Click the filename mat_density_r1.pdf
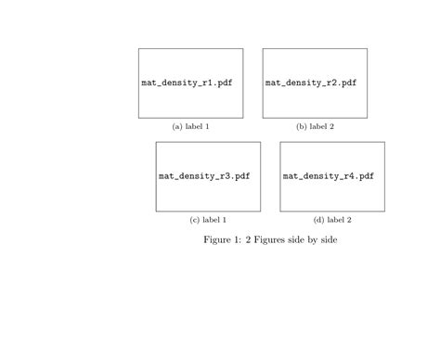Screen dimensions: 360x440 coord(187,84)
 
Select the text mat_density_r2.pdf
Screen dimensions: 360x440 coord(311,84)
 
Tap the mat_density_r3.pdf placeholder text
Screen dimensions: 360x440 coord(204,175)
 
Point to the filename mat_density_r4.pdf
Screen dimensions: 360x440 coord(329,175)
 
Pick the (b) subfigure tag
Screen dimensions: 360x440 coord(302,126)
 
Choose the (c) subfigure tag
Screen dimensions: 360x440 coord(195,220)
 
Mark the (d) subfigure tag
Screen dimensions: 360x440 coord(319,220)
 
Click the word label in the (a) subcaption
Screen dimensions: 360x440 coord(195,126)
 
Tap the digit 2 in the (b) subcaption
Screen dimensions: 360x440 coord(331,126)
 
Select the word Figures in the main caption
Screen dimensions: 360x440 coord(271,239)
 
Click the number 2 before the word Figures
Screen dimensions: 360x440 coord(248,239)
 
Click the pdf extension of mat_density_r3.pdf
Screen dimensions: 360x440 coord(240,175)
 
